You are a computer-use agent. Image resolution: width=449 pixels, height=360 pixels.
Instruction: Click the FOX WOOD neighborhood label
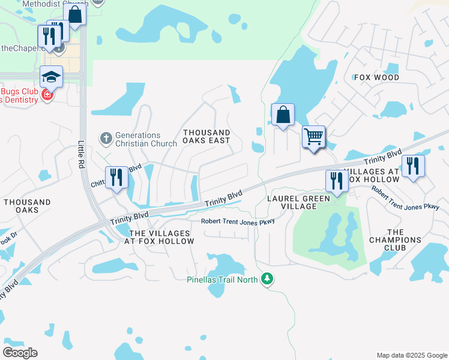(x=377, y=78)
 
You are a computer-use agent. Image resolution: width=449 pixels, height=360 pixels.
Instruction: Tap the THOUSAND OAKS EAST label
(x=206, y=136)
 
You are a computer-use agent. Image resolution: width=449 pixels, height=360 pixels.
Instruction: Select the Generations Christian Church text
(x=137, y=139)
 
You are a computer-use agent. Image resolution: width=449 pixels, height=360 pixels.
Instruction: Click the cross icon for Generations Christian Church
(x=106, y=139)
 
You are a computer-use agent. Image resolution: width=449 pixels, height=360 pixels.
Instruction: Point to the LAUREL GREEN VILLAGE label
(x=299, y=202)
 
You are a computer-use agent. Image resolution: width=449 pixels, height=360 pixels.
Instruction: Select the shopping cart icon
(x=313, y=137)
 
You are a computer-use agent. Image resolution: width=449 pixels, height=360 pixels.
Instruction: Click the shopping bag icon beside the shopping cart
(x=283, y=114)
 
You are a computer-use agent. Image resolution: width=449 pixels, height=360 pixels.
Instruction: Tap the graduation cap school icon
(x=52, y=77)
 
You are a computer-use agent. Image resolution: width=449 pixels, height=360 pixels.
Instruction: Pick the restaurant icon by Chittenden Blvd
(x=116, y=177)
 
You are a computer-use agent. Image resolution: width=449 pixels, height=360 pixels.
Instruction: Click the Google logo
(x=20, y=353)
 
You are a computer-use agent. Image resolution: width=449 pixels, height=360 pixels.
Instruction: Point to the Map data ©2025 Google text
(x=412, y=355)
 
